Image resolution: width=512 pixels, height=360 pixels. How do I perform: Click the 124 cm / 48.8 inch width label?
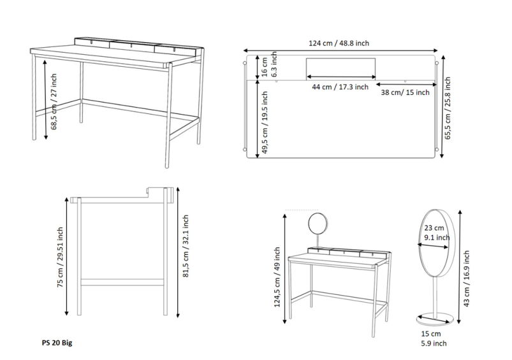coord(339,43)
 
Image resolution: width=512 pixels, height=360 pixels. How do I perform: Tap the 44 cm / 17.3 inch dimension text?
coord(340,87)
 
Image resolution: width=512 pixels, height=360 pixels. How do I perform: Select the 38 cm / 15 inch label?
coord(405,92)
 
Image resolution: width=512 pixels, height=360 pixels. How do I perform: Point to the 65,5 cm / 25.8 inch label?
coord(448,108)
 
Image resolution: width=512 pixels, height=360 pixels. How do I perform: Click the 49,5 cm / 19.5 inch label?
coord(265,122)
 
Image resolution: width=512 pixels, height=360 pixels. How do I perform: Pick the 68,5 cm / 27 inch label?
coord(54,101)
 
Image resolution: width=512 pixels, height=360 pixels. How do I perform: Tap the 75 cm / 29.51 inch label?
coord(60,257)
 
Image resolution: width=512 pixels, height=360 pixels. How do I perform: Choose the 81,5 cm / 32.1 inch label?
coord(186,246)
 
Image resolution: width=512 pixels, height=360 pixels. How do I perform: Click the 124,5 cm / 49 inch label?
coord(277,277)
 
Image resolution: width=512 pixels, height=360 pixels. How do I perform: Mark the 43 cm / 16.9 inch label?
coord(466,278)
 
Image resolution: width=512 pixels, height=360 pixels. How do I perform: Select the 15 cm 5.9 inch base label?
coord(434,338)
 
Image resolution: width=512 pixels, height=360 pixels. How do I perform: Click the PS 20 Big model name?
coord(57,343)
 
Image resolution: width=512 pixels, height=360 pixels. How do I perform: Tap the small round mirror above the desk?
coord(318,224)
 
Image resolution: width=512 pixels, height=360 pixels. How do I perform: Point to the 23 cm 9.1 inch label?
coord(437,233)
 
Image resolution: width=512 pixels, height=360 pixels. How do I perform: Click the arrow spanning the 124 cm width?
coord(340,50)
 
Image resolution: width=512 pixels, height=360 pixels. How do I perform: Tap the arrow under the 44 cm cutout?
coord(341,77)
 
